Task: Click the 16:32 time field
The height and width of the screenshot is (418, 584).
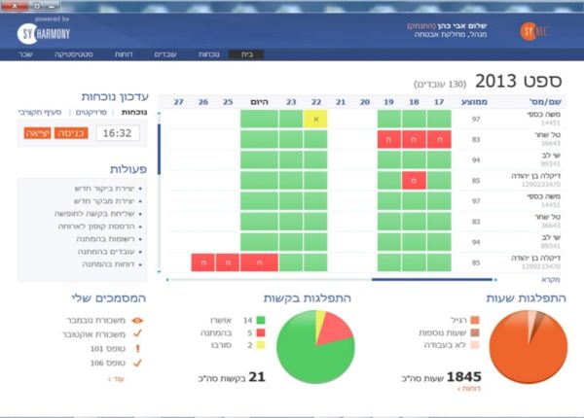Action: click(117, 133)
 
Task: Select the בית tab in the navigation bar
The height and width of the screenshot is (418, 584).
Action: click(247, 54)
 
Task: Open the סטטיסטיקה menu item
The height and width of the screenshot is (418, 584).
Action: click(100, 54)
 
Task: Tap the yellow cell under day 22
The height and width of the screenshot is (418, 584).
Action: click(314, 119)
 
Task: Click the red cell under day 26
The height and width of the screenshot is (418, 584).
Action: click(202, 261)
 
